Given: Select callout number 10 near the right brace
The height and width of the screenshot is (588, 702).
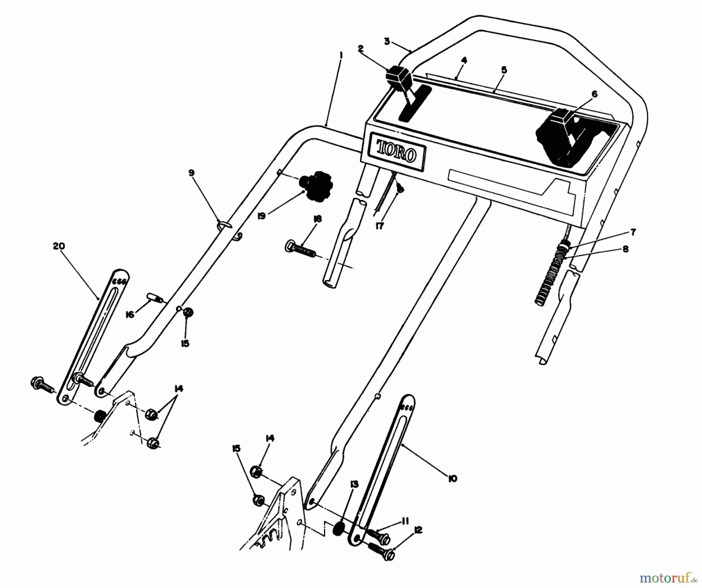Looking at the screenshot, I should pos(452,479).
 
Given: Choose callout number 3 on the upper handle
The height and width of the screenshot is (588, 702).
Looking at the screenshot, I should pos(386,41).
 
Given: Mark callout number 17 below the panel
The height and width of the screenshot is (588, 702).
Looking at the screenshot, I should pos(379,226).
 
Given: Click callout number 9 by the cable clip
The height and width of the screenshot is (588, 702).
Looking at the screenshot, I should pos(191,173).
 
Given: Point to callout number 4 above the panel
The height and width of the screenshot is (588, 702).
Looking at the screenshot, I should pos(464,61).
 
